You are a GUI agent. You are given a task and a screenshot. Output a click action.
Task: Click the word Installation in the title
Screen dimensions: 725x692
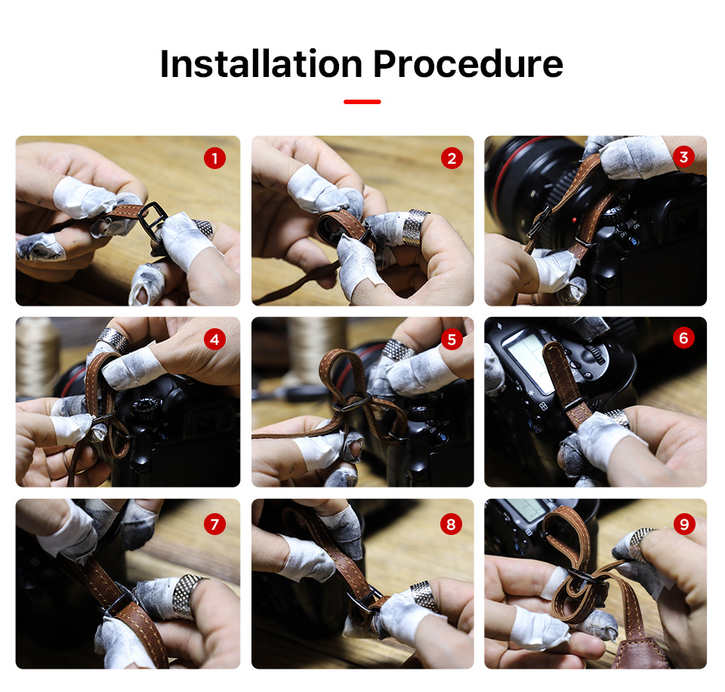coord(261,63)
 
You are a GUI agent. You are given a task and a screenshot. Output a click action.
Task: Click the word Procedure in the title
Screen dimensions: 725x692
coord(468,63)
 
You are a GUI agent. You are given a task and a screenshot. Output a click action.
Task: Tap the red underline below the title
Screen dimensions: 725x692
coord(362,102)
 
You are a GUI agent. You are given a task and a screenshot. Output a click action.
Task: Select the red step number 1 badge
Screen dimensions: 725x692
coord(214,158)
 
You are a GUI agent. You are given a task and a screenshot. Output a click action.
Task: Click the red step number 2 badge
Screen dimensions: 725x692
coord(452,158)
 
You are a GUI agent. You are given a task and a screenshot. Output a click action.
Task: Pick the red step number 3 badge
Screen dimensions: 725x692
coord(684,157)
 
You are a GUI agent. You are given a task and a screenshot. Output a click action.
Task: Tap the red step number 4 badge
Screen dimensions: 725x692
coord(214,340)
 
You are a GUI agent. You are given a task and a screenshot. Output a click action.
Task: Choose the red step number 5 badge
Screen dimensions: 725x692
coord(452,340)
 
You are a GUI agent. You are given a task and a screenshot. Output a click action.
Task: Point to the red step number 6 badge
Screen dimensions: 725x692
coord(684,338)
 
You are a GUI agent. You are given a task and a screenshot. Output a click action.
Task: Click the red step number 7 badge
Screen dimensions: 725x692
coord(214,524)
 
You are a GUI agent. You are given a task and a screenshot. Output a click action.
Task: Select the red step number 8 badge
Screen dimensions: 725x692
coord(452,524)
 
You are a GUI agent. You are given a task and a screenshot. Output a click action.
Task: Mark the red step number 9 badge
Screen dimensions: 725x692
coord(684,524)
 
